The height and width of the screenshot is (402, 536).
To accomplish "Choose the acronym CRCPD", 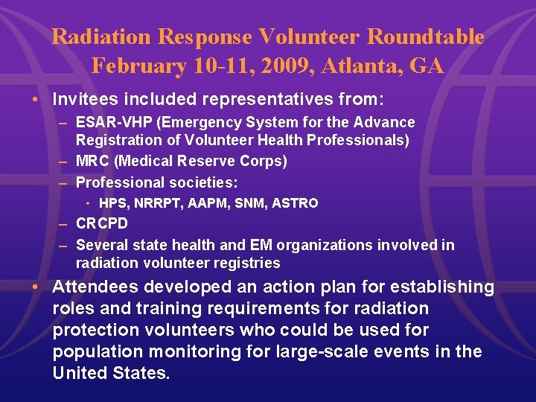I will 102,223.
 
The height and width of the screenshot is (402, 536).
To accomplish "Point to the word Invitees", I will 84,98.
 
